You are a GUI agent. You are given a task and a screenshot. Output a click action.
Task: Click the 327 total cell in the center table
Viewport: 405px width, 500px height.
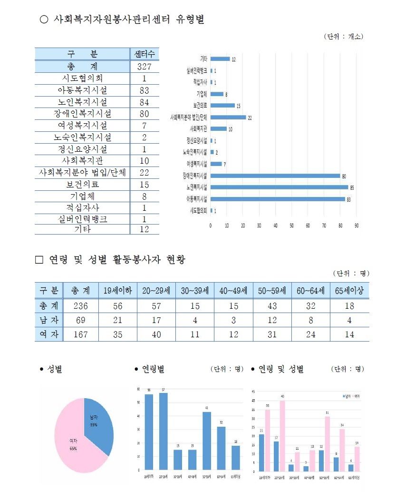(x=144, y=66)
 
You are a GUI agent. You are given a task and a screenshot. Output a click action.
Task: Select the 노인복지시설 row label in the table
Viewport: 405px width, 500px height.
(x=82, y=102)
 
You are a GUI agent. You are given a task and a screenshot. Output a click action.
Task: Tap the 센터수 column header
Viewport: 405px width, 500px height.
(x=145, y=54)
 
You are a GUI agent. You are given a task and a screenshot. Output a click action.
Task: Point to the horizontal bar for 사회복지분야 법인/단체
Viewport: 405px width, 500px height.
(x=228, y=117)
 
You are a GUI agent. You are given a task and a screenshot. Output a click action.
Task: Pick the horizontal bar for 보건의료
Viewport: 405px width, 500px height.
(x=222, y=105)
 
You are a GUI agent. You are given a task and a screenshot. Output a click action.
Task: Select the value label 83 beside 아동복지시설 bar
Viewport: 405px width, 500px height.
(x=348, y=200)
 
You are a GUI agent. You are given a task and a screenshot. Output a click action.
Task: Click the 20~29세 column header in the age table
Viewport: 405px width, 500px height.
(x=156, y=291)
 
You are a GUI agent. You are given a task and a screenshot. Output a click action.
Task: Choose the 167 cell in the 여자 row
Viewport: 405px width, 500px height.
(x=81, y=334)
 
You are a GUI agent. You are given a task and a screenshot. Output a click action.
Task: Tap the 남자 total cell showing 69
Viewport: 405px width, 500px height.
(x=81, y=320)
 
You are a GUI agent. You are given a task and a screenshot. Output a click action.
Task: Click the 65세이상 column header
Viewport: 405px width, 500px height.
(x=349, y=291)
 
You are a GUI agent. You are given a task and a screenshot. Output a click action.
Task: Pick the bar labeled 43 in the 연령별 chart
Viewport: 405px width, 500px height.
(x=207, y=440)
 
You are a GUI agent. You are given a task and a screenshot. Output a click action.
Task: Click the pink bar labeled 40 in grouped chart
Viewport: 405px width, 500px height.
(x=282, y=435)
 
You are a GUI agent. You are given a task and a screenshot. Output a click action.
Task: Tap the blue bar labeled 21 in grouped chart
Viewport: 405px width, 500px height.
(x=261, y=452)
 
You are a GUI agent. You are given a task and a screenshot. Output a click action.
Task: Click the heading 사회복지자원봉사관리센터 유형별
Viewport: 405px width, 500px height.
(x=129, y=20)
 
